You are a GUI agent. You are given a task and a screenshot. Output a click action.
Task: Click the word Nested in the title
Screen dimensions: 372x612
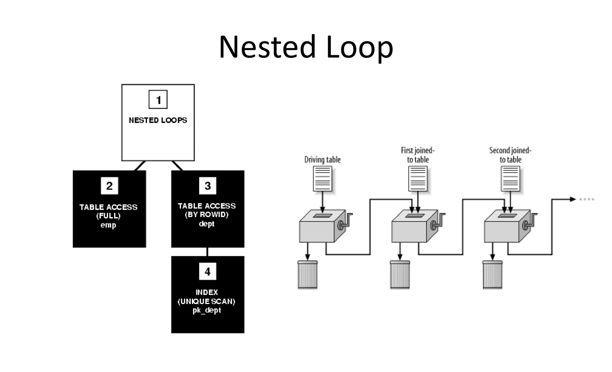267,47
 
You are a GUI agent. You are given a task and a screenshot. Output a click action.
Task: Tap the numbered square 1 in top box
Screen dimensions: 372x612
158,100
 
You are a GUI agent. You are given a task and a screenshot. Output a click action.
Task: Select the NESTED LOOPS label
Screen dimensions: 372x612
158,120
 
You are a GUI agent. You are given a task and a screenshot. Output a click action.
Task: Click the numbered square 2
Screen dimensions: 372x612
109,186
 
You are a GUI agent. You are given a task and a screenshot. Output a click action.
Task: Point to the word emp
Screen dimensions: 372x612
108,225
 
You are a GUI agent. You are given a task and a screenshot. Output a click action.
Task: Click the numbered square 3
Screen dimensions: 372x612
208,186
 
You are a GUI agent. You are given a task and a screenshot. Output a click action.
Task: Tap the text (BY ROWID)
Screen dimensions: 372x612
206,215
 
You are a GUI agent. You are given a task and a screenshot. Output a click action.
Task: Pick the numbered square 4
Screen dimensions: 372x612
208,271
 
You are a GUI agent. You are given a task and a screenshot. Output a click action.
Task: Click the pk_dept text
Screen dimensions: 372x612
206,310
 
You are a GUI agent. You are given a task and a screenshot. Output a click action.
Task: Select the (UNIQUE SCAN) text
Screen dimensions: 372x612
206,301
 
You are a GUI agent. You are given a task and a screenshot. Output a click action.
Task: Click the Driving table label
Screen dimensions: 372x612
322,160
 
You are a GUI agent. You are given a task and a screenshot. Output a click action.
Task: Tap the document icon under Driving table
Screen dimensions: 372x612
322,179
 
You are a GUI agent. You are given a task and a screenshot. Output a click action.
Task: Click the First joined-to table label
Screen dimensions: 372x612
418,155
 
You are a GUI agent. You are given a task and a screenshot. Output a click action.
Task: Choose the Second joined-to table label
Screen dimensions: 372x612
510,155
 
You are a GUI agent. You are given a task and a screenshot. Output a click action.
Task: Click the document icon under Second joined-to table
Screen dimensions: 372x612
510,179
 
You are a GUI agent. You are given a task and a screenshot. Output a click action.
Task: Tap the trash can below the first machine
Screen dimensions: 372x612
307,275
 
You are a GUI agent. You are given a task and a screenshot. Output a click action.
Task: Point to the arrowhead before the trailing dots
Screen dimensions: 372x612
572,199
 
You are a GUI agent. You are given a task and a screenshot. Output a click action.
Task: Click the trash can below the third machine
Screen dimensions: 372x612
492,275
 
